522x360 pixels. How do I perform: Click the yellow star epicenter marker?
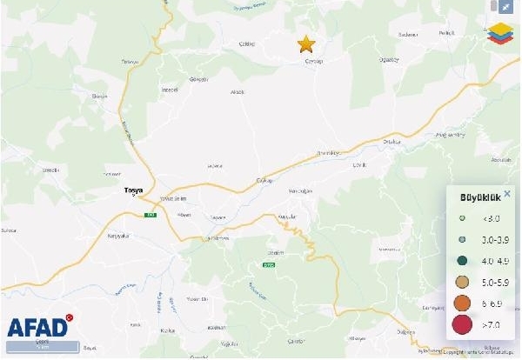[306, 43]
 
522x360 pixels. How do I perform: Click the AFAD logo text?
[37, 328]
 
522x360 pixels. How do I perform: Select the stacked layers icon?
[499, 33]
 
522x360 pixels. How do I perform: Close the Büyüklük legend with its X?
[508, 193]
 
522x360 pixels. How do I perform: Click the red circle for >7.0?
[463, 325]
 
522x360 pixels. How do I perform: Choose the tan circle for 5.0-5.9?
[463, 281]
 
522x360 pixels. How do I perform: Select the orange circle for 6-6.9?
[463, 303]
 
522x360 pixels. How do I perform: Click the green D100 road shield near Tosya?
[149, 215]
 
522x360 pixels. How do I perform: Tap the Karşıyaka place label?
[117, 236]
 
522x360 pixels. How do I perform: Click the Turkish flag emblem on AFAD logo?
[71, 318]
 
